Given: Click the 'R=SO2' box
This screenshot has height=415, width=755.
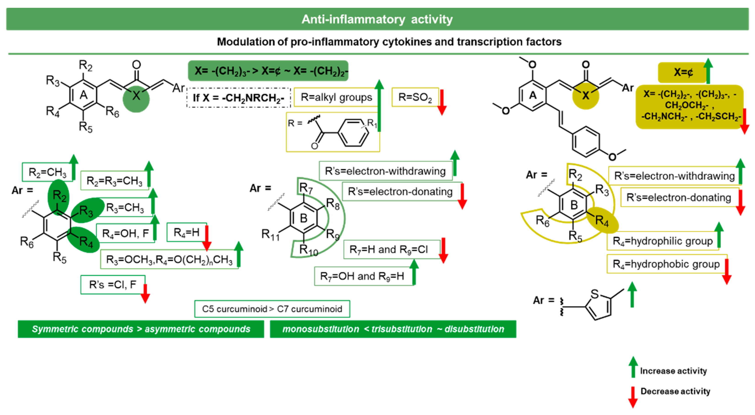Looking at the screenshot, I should coord(415,97).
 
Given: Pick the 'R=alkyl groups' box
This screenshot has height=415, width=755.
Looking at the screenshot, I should coord(336,97).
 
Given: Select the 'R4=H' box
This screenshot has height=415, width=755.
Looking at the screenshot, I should coord(186,232).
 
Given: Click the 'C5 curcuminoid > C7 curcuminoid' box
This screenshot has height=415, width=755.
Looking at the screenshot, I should coord(272,309).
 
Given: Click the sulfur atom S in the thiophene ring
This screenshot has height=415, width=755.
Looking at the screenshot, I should coord(594,294).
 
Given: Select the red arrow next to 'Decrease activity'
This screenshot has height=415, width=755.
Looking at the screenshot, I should coord(633,397).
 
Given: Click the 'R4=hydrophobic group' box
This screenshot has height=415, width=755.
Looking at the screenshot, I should coord(666,264).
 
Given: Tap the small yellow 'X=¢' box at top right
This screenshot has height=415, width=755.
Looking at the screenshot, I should coord(683,72).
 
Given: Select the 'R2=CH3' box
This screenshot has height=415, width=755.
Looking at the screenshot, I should coord(47,172).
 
